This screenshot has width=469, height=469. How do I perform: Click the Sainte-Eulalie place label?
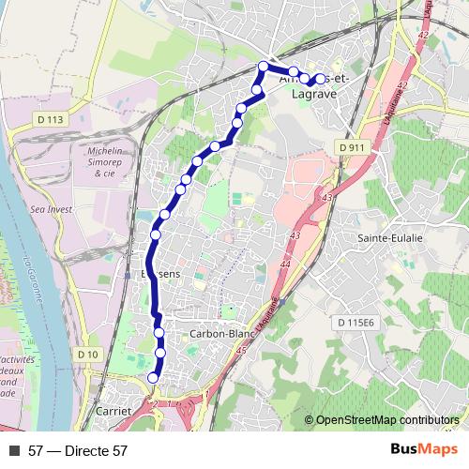point(390,238)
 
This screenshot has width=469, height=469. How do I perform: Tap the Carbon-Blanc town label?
point(222,333)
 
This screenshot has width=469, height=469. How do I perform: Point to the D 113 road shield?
point(53,119)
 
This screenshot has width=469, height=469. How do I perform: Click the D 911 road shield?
point(352,148)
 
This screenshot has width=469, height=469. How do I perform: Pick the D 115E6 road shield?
point(356,323)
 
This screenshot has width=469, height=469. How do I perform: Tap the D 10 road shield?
point(87,354)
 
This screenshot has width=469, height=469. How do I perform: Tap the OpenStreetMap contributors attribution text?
point(386,420)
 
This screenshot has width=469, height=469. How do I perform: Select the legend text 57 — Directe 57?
point(78,451)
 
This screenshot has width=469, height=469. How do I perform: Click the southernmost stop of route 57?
point(154,378)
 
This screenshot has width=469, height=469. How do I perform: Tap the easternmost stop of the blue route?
point(321,80)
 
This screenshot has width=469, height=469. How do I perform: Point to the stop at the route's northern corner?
point(264,66)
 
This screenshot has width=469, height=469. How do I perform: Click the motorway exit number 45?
point(242,351)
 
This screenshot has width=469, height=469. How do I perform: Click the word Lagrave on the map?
point(314,94)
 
